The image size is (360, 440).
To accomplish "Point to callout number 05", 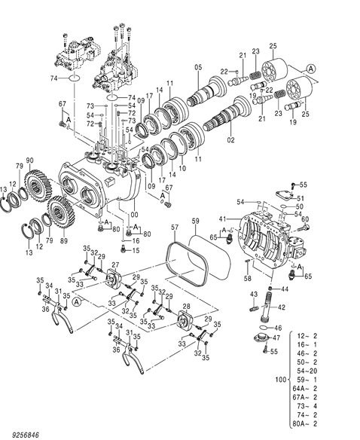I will click(197, 69).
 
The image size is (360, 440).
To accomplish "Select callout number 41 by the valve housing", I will click(222, 219).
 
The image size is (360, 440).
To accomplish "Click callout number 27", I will click(114, 264).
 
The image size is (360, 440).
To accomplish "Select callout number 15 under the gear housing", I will click(136, 250).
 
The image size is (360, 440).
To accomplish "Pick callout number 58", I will click(247, 278).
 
